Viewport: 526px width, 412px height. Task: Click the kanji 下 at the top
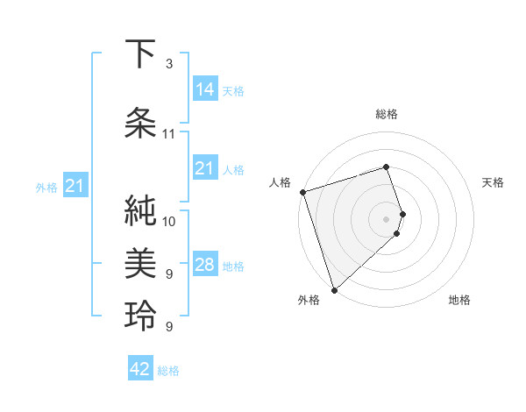pos(140,54)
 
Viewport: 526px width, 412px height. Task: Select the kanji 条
pos(140,123)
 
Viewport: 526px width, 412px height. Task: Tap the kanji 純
pos(140,211)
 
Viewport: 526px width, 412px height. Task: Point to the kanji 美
pos(140,260)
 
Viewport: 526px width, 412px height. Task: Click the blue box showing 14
pos(205,89)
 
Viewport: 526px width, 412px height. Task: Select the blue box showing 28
pos(205,265)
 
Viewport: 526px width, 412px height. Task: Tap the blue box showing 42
pos(140,369)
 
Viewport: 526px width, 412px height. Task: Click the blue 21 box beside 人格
pos(205,168)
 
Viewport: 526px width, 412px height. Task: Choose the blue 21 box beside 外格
pos(75,186)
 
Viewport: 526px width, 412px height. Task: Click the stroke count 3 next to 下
pos(168,64)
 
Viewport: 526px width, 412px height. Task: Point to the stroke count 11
pos(168,133)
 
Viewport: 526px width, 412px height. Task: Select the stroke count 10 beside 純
pos(168,221)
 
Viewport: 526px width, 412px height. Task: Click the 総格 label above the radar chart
pos(386,114)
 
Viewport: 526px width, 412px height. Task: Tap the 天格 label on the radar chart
pos(493,182)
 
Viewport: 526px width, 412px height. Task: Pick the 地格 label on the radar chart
pos(459,300)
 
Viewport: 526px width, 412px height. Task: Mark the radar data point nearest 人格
pos(302,192)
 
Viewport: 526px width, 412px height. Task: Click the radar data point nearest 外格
pos(333,289)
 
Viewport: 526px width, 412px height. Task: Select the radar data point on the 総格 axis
pos(386,167)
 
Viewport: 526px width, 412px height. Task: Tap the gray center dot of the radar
pos(386,218)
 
